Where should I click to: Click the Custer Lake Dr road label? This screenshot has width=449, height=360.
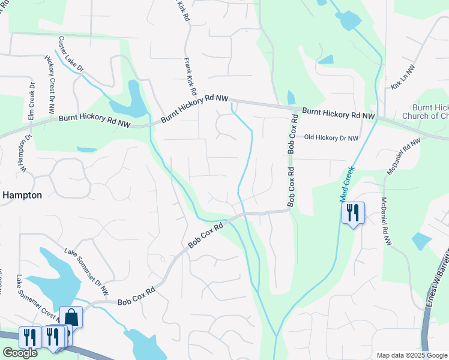tap(71, 53)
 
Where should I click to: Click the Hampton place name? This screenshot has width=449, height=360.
tap(22, 195)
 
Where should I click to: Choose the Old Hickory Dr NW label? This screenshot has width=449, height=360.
tap(331, 138)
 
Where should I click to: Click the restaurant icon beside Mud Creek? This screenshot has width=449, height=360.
tap(352, 212)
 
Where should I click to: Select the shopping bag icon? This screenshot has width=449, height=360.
tap(71, 317)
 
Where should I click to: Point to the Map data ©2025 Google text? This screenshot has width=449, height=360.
tap(411, 355)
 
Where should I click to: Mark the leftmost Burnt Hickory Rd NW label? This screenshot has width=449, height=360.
tap(94, 122)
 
